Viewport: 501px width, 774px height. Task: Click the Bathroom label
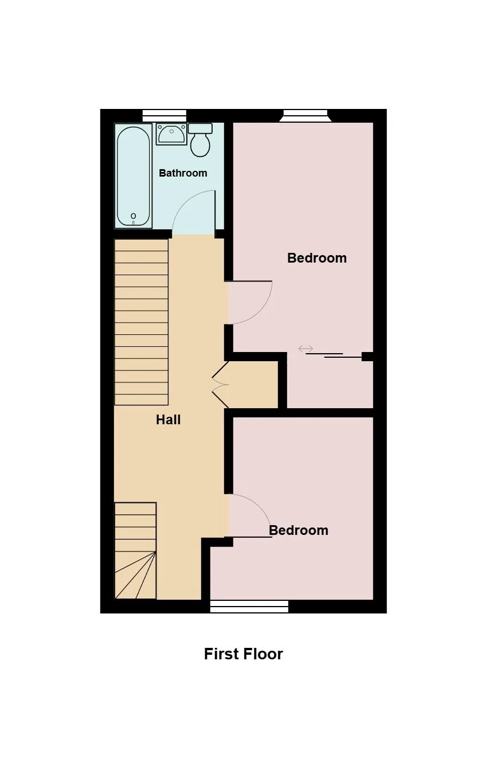(183, 173)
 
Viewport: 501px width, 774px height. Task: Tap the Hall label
(169, 420)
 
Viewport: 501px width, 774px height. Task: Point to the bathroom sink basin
(172, 134)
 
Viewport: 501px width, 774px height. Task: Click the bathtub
(134, 177)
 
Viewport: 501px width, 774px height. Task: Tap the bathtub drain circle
(134, 216)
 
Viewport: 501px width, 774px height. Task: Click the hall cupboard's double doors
(220, 385)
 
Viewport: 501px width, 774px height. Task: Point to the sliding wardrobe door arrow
(306, 349)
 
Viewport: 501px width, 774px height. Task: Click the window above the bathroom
(165, 115)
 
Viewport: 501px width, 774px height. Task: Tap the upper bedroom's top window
(306, 116)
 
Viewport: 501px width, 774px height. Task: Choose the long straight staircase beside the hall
(142, 322)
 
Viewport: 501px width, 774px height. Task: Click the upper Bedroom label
(317, 258)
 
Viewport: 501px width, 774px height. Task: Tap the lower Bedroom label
(299, 530)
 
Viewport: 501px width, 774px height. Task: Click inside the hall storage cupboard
(253, 385)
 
